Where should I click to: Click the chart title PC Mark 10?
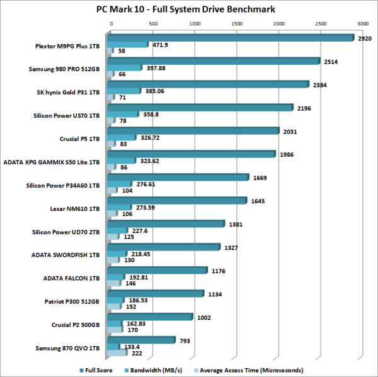tap(188, 9)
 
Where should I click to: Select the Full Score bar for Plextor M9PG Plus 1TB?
tap(233, 37)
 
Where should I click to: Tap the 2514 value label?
tap(331, 62)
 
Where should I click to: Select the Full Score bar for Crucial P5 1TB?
tap(195, 130)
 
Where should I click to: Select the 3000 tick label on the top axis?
tap(362, 23)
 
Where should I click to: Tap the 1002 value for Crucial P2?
tap(205, 317)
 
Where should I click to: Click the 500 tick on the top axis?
tap(153, 23)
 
